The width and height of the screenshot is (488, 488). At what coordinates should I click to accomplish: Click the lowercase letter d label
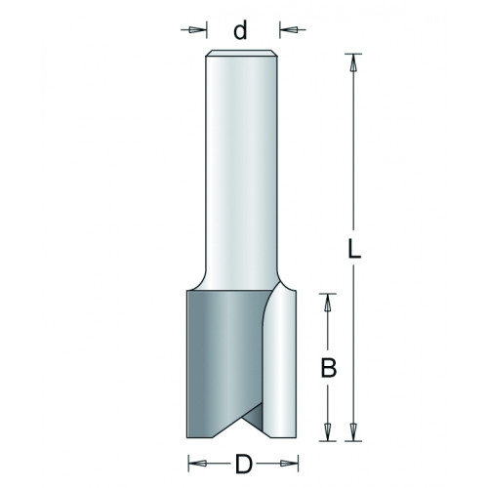(240, 30)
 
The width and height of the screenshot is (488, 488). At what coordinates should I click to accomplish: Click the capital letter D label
(244, 464)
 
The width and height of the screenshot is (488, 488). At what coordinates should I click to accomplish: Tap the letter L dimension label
(354, 249)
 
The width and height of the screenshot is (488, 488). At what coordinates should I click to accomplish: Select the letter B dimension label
(328, 368)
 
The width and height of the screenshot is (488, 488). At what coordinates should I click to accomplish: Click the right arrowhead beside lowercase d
(288, 30)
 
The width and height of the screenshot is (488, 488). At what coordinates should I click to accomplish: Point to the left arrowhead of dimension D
(197, 464)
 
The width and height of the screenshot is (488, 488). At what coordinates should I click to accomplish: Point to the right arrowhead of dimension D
(289, 464)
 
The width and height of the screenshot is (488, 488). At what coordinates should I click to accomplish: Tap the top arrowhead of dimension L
(353, 62)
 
